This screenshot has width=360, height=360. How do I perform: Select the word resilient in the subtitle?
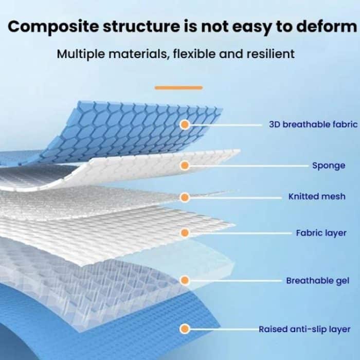tap(271, 54)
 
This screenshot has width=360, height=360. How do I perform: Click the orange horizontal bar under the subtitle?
tap(178, 87)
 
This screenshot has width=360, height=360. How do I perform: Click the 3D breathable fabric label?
tap(313, 124)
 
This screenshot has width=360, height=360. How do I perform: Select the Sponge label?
tap(329, 166)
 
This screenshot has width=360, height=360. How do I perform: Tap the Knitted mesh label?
tap(317, 196)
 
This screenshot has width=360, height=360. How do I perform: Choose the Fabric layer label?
tap(321, 233)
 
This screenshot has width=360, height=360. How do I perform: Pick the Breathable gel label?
tap(318, 281)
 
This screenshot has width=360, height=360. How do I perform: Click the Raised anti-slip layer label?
tap(304, 329)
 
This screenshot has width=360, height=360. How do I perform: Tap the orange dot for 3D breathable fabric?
tap(185, 124)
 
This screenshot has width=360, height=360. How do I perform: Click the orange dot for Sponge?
tap(185, 165)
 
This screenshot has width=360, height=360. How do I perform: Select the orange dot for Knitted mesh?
tap(185, 197)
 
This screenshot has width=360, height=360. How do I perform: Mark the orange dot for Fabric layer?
tap(185, 233)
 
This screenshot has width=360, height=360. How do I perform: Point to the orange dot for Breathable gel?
tap(185, 280)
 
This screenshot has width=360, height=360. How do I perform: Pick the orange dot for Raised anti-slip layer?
tap(185, 329)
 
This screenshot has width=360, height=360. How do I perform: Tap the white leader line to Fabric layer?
tap(241, 233)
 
